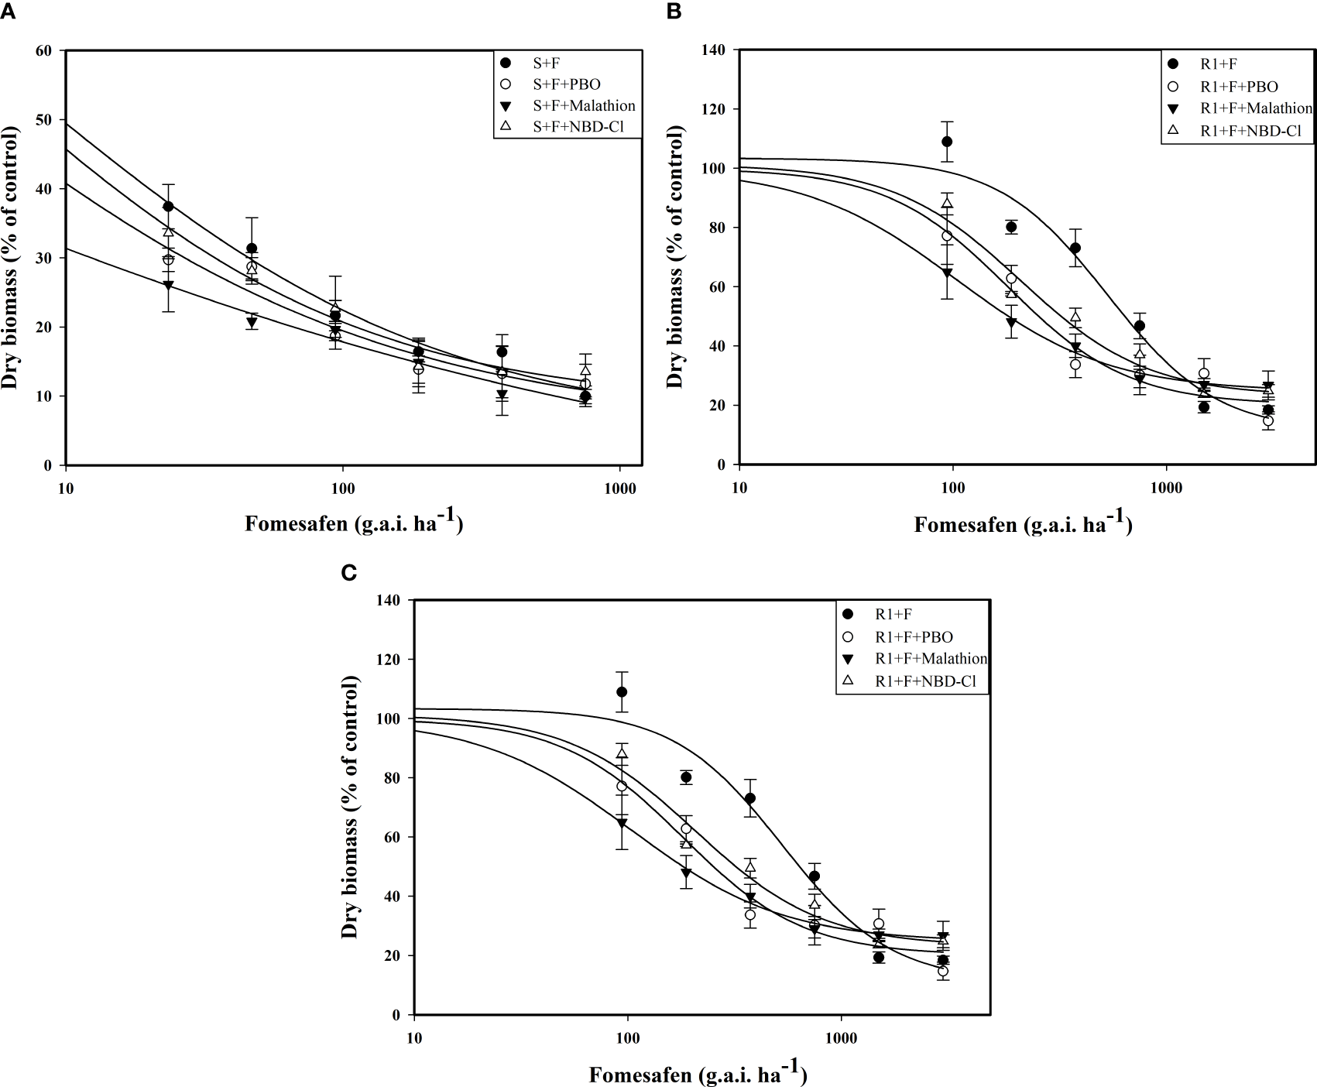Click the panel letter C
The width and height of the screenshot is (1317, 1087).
pyautogui.click(x=349, y=572)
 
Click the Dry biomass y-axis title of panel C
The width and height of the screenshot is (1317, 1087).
pyautogui.click(x=350, y=807)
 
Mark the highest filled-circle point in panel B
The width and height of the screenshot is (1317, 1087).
pyautogui.click(x=947, y=142)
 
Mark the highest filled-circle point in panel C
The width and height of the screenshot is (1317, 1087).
pyautogui.click(x=621, y=691)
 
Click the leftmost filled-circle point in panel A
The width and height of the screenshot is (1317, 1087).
pyautogui.click(x=168, y=206)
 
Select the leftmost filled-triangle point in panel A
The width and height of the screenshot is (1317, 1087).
pyautogui.click(x=168, y=286)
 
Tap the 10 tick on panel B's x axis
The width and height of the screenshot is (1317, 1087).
pyautogui.click(x=739, y=488)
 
